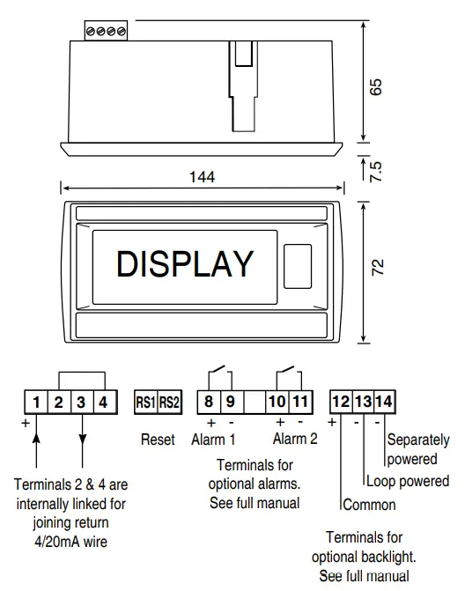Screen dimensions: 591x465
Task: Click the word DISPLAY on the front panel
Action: pyautogui.click(x=185, y=263)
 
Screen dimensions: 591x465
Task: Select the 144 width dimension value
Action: pyautogui.click(x=202, y=177)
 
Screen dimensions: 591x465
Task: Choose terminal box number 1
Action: pyautogui.click(x=36, y=403)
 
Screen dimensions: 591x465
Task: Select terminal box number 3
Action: pyautogui.click(x=82, y=403)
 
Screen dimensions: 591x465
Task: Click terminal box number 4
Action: pyautogui.click(x=104, y=403)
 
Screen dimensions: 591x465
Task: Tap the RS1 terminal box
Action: pyautogui.click(x=144, y=403)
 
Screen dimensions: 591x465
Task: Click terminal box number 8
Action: pyautogui.click(x=208, y=403)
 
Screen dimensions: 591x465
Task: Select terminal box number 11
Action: pyautogui.click(x=299, y=403)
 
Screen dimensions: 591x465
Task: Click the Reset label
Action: pyautogui.click(x=158, y=439)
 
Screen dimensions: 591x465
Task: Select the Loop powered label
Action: pyautogui.click(x=407, y=482)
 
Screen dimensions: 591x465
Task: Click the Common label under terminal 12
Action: pyautogui.click(x=369, y=505)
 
